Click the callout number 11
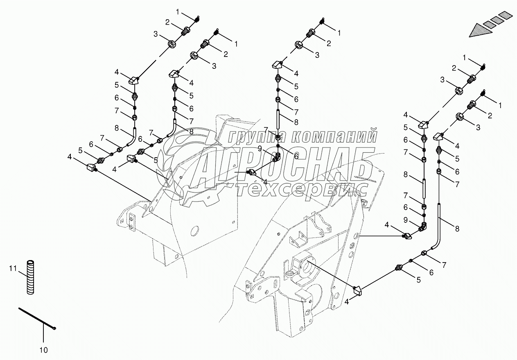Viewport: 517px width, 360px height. coord(13,268)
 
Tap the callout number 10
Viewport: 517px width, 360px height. coord(43,350)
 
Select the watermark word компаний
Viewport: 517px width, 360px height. coord(336,136)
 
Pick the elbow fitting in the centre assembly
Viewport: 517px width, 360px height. coord(278,156)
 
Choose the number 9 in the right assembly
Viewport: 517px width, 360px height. coord(405,220)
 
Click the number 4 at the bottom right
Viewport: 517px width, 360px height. coord(346,302)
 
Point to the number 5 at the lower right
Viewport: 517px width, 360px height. coord(418,280)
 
